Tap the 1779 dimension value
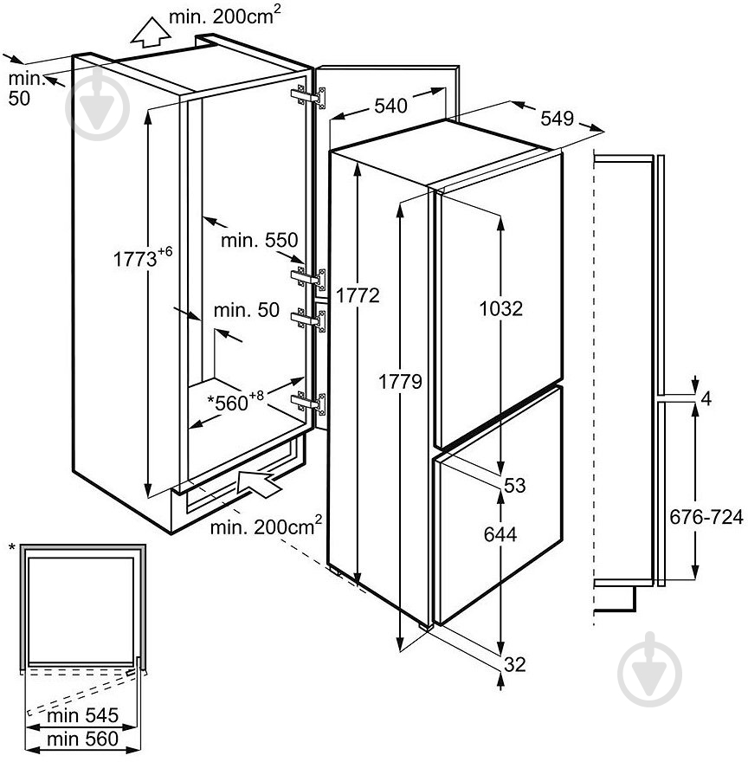[399, 382]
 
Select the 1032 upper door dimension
[501, 308]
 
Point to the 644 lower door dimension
[500, 535]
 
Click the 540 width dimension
[390, 107]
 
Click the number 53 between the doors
[514, 486]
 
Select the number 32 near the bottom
[514, 665]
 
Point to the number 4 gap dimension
[706, 399]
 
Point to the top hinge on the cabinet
[311, 96]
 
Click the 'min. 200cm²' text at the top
[225, 15]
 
